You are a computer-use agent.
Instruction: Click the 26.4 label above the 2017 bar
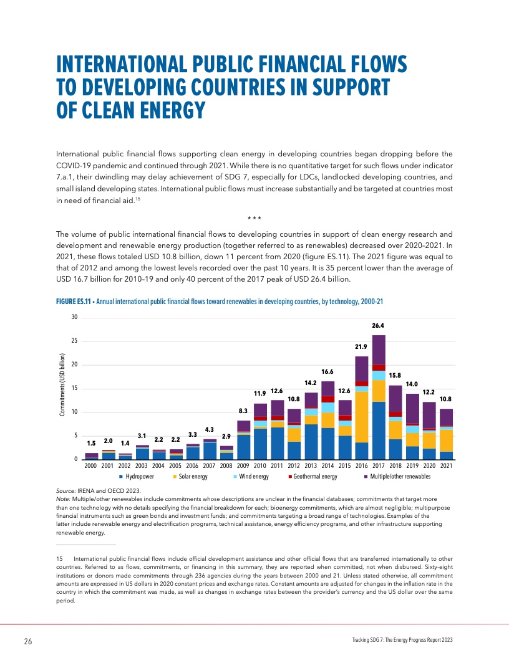[378, 325]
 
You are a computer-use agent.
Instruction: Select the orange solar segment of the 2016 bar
[361, 417]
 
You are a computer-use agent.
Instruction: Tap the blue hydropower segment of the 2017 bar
[378, 430]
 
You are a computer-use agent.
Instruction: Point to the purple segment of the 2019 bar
[412, 408]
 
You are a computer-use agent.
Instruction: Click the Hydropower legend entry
[137, 477]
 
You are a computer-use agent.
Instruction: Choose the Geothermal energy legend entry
[313, 477]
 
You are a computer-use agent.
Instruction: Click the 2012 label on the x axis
[294, 465]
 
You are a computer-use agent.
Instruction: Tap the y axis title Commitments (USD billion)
[63, 388]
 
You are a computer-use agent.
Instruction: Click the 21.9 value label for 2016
[361, 346]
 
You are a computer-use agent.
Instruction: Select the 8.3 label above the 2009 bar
[243, 411]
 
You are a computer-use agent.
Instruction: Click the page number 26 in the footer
[27, 642]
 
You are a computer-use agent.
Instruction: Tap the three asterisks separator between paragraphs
[254, 218]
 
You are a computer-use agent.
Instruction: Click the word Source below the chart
[65, 492]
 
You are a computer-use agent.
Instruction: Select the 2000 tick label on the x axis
[91, 465]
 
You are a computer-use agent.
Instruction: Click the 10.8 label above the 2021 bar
[445, 399]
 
